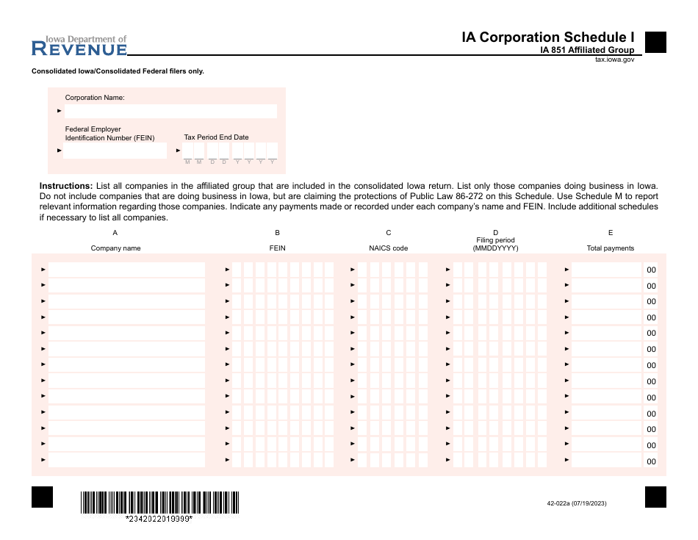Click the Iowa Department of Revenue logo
tap(79, 46)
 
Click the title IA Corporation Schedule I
tap(547, 37)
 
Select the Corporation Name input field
tap(170, 111)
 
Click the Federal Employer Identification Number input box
tap(115, 151)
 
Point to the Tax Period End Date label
tap(216, 137)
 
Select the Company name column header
tap(115, 248)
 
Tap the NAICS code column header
tap(388, 248)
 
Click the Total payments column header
tap(610, 248)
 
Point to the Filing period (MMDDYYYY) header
tap(495, 245)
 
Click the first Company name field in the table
tap(126, 270)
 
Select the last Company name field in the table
tap(126, 461)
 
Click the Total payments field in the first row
tap(606, 270)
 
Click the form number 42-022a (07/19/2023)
tap(577, 503)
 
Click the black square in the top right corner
tap(655, 42)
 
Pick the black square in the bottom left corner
tap(43, 497)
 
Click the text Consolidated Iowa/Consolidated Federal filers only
tap(118, 71)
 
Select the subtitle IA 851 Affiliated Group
tap(587, 51)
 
